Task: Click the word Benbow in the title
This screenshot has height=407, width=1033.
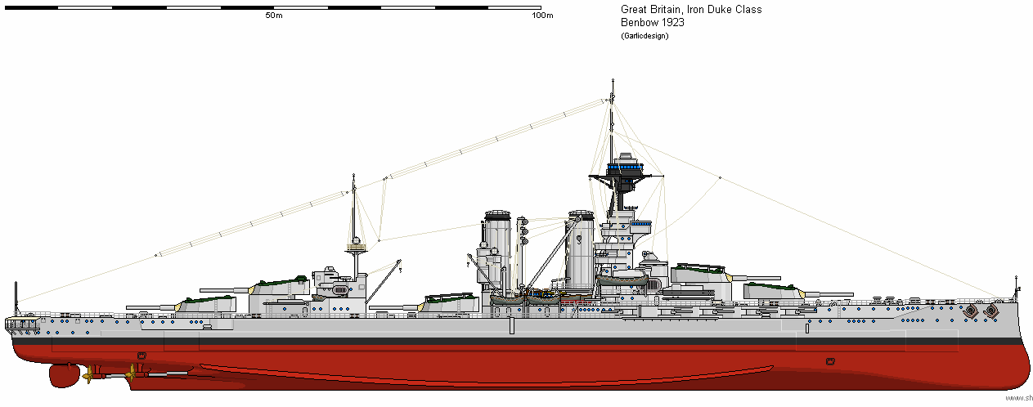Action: (639, 22)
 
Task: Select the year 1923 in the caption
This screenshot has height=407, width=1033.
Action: (672, 22)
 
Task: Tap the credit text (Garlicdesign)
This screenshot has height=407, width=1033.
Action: (645, 35)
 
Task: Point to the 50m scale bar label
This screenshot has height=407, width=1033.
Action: (273, 16)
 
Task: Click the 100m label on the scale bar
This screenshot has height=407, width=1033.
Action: (541, 16)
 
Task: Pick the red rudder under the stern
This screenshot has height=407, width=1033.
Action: (62, 375)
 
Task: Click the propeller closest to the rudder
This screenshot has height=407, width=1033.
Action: (86, 376)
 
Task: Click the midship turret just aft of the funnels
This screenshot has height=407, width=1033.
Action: (448, 302)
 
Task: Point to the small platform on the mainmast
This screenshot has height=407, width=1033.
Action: (355, 246)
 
